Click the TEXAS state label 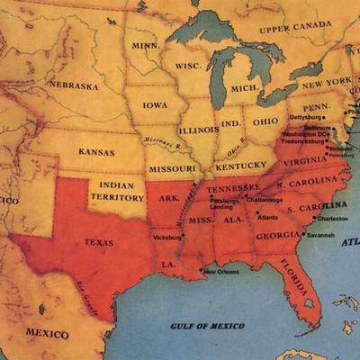click(x=98, y=242)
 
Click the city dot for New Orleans click(x=201, y=270)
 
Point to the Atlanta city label click(x=267, y=217)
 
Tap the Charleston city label click(x=332, y=219)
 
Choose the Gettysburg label click(x=304, y=118)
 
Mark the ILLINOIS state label click(x=198, y=129)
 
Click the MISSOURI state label click(x=171, y=168)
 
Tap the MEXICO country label click(x=46, y=333)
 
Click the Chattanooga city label click(x=265, y=199)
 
